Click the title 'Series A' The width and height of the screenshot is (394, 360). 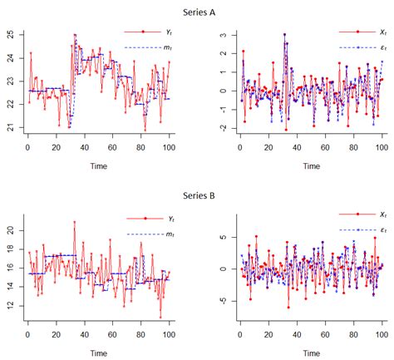pos(197,12)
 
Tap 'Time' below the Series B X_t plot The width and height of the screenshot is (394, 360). pos(311,350)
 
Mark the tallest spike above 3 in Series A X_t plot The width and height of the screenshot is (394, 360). pos(283,35)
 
